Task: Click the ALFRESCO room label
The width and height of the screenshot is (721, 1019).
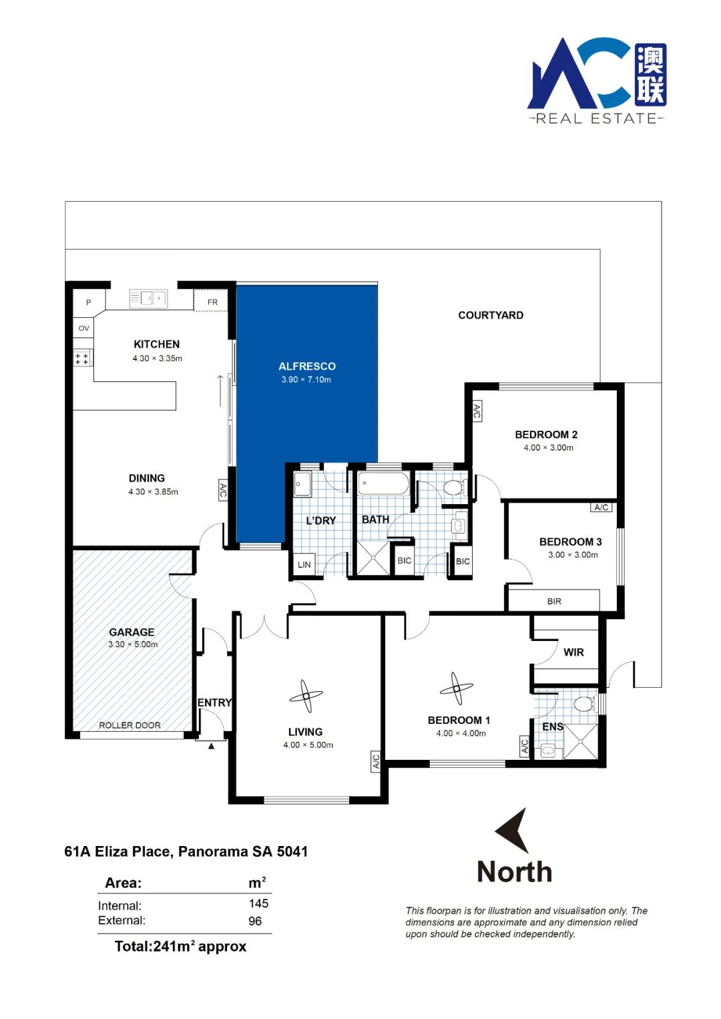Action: [x=307, y=366]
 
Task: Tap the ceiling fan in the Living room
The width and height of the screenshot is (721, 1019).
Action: [x=306, y=696]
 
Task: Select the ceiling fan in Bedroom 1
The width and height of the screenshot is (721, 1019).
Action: [x=456, y=688]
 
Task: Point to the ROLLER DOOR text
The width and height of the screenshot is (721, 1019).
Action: [x=130, y=726]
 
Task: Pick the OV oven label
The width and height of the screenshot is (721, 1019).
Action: [x=83, y=328]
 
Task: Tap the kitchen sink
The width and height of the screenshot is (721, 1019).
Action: [x=148, y=298]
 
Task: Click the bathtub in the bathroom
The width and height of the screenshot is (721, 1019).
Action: [x=383, y=483]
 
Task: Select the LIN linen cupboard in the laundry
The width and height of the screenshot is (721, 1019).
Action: [x=304, y=564]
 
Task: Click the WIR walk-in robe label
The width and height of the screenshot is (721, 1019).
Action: [x=573, y=652]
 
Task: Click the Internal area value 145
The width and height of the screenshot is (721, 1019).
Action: [x=258, y=903]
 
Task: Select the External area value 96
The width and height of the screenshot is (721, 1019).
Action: [x=255, y=922]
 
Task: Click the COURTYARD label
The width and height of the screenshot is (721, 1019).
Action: [x=491, y=315]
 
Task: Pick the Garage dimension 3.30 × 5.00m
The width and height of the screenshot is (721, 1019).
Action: [x=133, y=644]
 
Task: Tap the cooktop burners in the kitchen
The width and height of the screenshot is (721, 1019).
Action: [x=82, y=359]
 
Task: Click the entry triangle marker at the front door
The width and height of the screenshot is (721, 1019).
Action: [x=211, y=746]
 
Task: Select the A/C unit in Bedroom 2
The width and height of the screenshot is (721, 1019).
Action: [x=477, y=411]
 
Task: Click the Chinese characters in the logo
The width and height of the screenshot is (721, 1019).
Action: [x=650, y=75]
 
